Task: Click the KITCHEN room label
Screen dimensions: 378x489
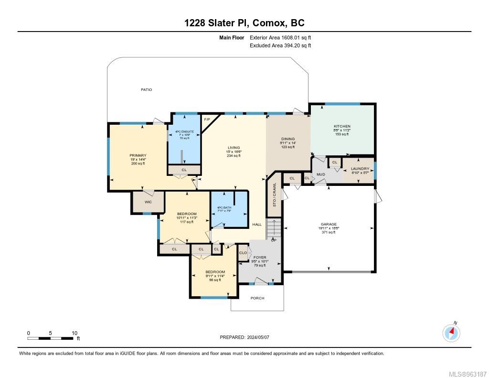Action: coord(342,126)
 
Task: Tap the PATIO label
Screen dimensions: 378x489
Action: coord(146,89)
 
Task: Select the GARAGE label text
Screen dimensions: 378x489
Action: coord(329,224)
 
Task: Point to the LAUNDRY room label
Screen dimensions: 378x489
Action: coord(360,168)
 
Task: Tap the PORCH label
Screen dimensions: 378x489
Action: coord(257,298)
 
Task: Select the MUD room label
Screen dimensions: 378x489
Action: coord(320,174)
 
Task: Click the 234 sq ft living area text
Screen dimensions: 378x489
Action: coord(234,156)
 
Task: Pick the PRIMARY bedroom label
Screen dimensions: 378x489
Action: coord(138,155)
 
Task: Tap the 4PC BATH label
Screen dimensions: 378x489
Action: coord(224,207)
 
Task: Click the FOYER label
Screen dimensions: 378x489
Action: coord(260,257)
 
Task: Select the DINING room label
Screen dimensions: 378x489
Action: coord(287,139)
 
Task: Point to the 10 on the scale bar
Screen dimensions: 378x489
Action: coord(74,333)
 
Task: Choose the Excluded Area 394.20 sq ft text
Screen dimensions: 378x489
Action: coord(280,46)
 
